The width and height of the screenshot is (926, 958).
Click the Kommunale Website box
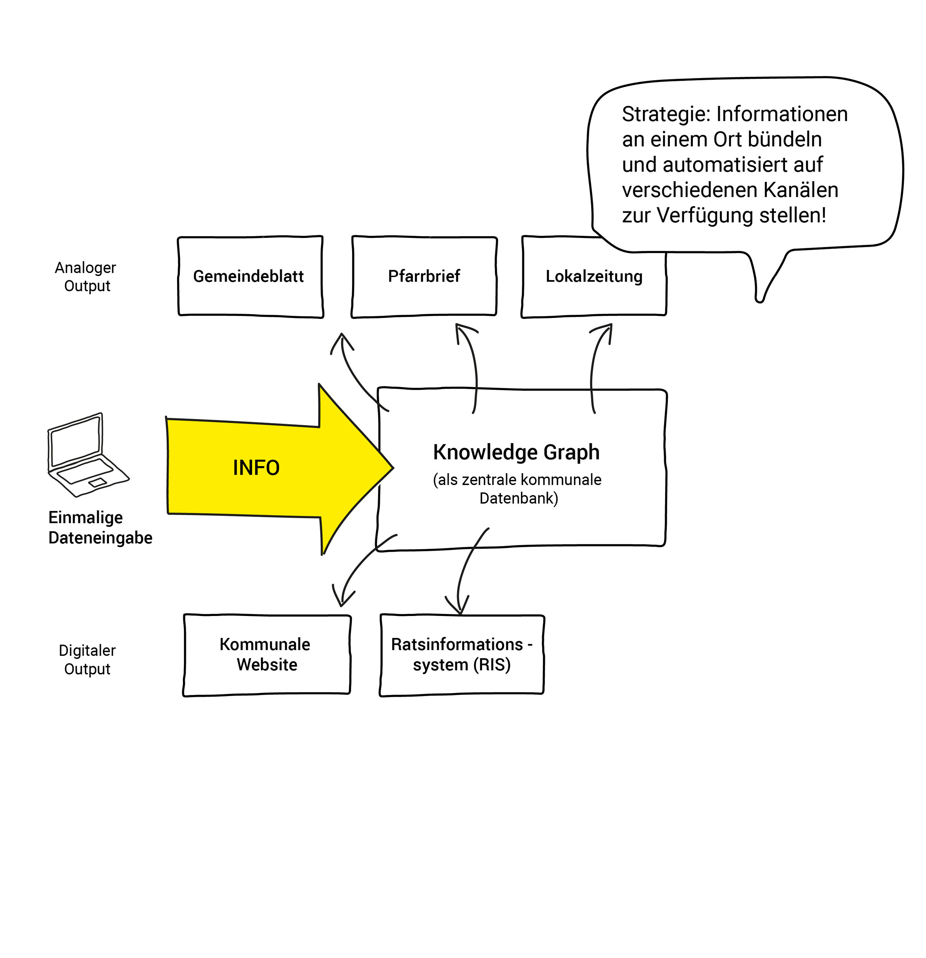(266, 654)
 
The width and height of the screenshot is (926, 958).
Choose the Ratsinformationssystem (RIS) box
(461, 654)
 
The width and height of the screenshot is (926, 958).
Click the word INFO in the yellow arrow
(256, 468)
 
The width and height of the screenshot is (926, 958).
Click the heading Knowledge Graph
(516, 452)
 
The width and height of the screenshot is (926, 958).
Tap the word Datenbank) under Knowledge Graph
(518, 498)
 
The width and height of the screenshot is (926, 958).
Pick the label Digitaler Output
(87, 659)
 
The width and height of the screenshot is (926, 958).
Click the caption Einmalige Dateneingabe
(100, 527)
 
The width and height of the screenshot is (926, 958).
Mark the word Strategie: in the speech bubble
(665, 114)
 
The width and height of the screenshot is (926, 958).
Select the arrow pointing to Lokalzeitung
(595, 366)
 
